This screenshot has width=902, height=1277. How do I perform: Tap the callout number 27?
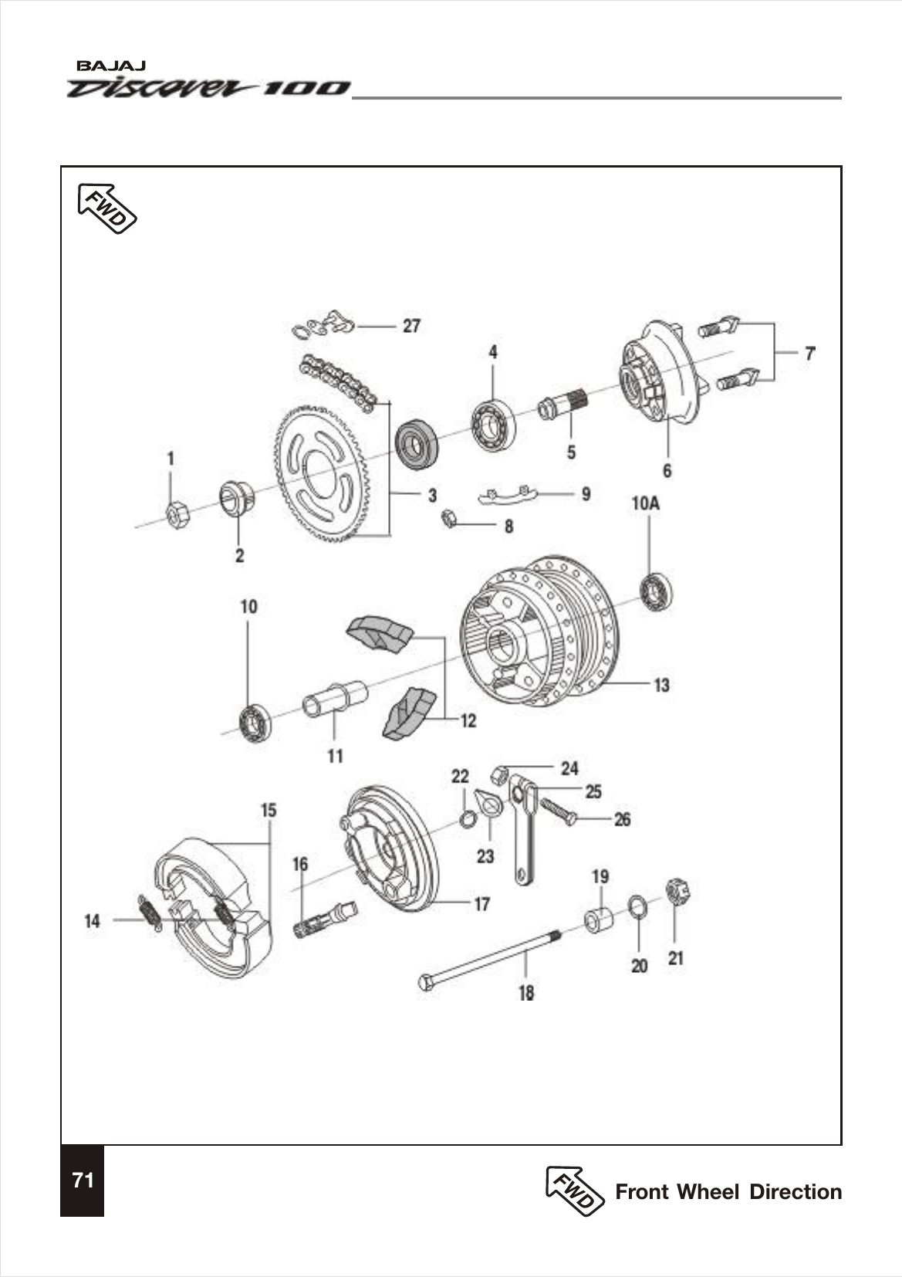coord(411,326)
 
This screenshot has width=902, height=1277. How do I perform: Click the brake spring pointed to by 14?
coord(149,913)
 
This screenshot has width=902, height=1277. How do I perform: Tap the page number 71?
coord(82,1180)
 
